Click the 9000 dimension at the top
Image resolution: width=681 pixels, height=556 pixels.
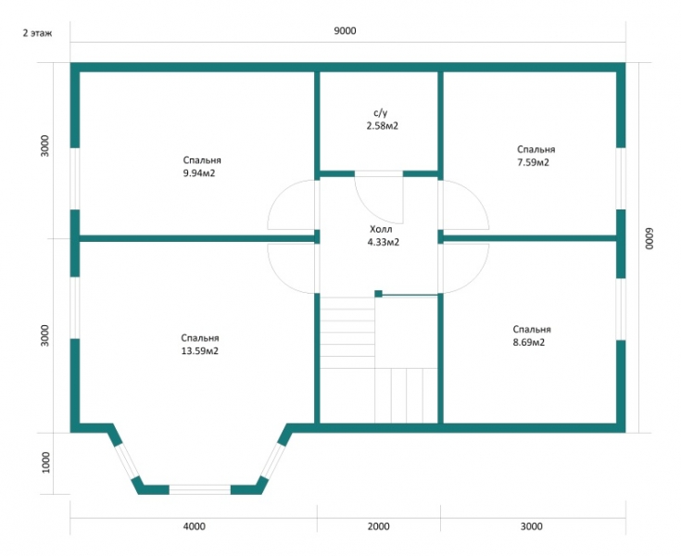pos(345,31)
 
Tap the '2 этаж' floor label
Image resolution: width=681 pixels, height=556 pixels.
pos(37,33)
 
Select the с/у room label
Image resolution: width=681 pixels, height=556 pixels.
pos(381,113)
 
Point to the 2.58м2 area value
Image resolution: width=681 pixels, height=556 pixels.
pos(383,126)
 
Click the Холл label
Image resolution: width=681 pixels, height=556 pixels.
pos(381,229)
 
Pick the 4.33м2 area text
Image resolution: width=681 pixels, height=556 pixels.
pos(384,242)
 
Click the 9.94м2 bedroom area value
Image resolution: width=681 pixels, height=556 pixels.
pos(199,173)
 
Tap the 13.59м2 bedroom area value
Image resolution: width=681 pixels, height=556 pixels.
pos(200,350)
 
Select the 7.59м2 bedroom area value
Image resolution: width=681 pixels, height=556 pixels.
pos(533,162)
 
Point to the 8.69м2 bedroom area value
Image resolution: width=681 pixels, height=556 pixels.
pos(529,342)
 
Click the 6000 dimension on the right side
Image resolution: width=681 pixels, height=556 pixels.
pos(649,238)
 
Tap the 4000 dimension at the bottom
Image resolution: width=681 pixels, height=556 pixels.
pos(195,526)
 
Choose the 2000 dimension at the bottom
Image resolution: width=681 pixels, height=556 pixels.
pos(379,526)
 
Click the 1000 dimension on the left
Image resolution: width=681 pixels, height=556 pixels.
pos(45,462)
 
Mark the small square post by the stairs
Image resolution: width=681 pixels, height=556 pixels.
pos(379,294)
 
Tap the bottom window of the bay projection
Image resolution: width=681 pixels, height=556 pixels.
pos(200,490)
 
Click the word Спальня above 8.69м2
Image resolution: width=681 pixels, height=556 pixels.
pos(532,329)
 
